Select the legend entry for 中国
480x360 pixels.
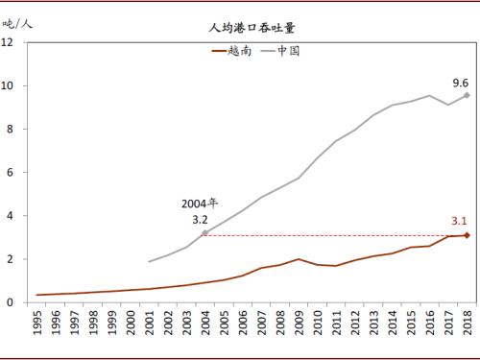tap(281, 51)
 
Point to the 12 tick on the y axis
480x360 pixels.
tap(8, 42)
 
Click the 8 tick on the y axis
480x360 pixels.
tap(10, 129)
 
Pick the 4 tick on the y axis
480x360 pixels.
tap(10, 216)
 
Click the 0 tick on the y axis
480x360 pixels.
tap(10, 302)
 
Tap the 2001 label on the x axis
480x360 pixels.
tap(151, 325)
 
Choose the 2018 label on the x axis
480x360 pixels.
tap(467, 325)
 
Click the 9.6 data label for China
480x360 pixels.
tap(461, 83)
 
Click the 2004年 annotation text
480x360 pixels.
tap(200, 204)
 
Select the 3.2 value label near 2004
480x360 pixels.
tap(200, 219)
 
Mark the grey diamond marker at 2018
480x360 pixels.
tap(467, 95)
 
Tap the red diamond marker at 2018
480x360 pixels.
tap(467, 235)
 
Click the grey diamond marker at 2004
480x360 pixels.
tap(205, 233)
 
